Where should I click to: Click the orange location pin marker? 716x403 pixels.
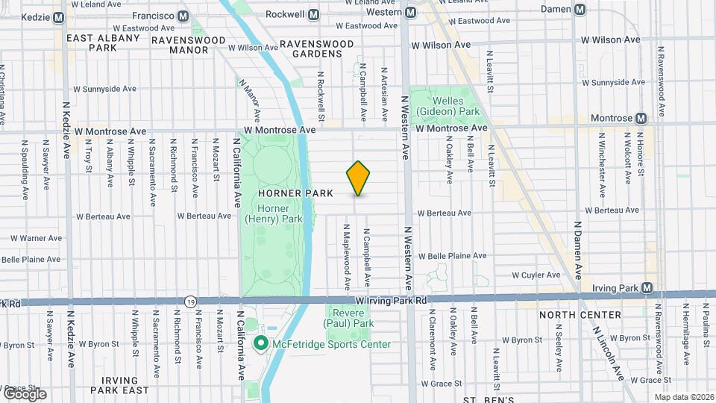(x=358, y=178)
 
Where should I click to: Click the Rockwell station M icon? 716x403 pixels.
(x=313, y=14)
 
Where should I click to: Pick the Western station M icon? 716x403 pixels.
(x=411, y=12)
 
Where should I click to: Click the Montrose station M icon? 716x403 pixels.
(x=641, y=118)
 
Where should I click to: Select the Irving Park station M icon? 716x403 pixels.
(x=647, y=288)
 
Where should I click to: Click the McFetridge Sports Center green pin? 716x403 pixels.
(x=260, y=343)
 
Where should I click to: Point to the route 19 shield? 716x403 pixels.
(x=191, y=300)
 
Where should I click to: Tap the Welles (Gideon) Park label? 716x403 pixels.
(x=447, y=106)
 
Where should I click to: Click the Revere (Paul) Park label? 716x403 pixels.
(x=348, y=319)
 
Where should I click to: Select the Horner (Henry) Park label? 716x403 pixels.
(x=273, y=214)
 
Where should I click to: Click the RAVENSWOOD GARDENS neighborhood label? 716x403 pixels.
(x=316, y=49)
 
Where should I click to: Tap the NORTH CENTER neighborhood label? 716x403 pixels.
(x=580, y=315)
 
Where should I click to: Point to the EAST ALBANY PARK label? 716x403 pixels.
(x=103, y=43)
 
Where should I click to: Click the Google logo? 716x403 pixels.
(x=24, y=393)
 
